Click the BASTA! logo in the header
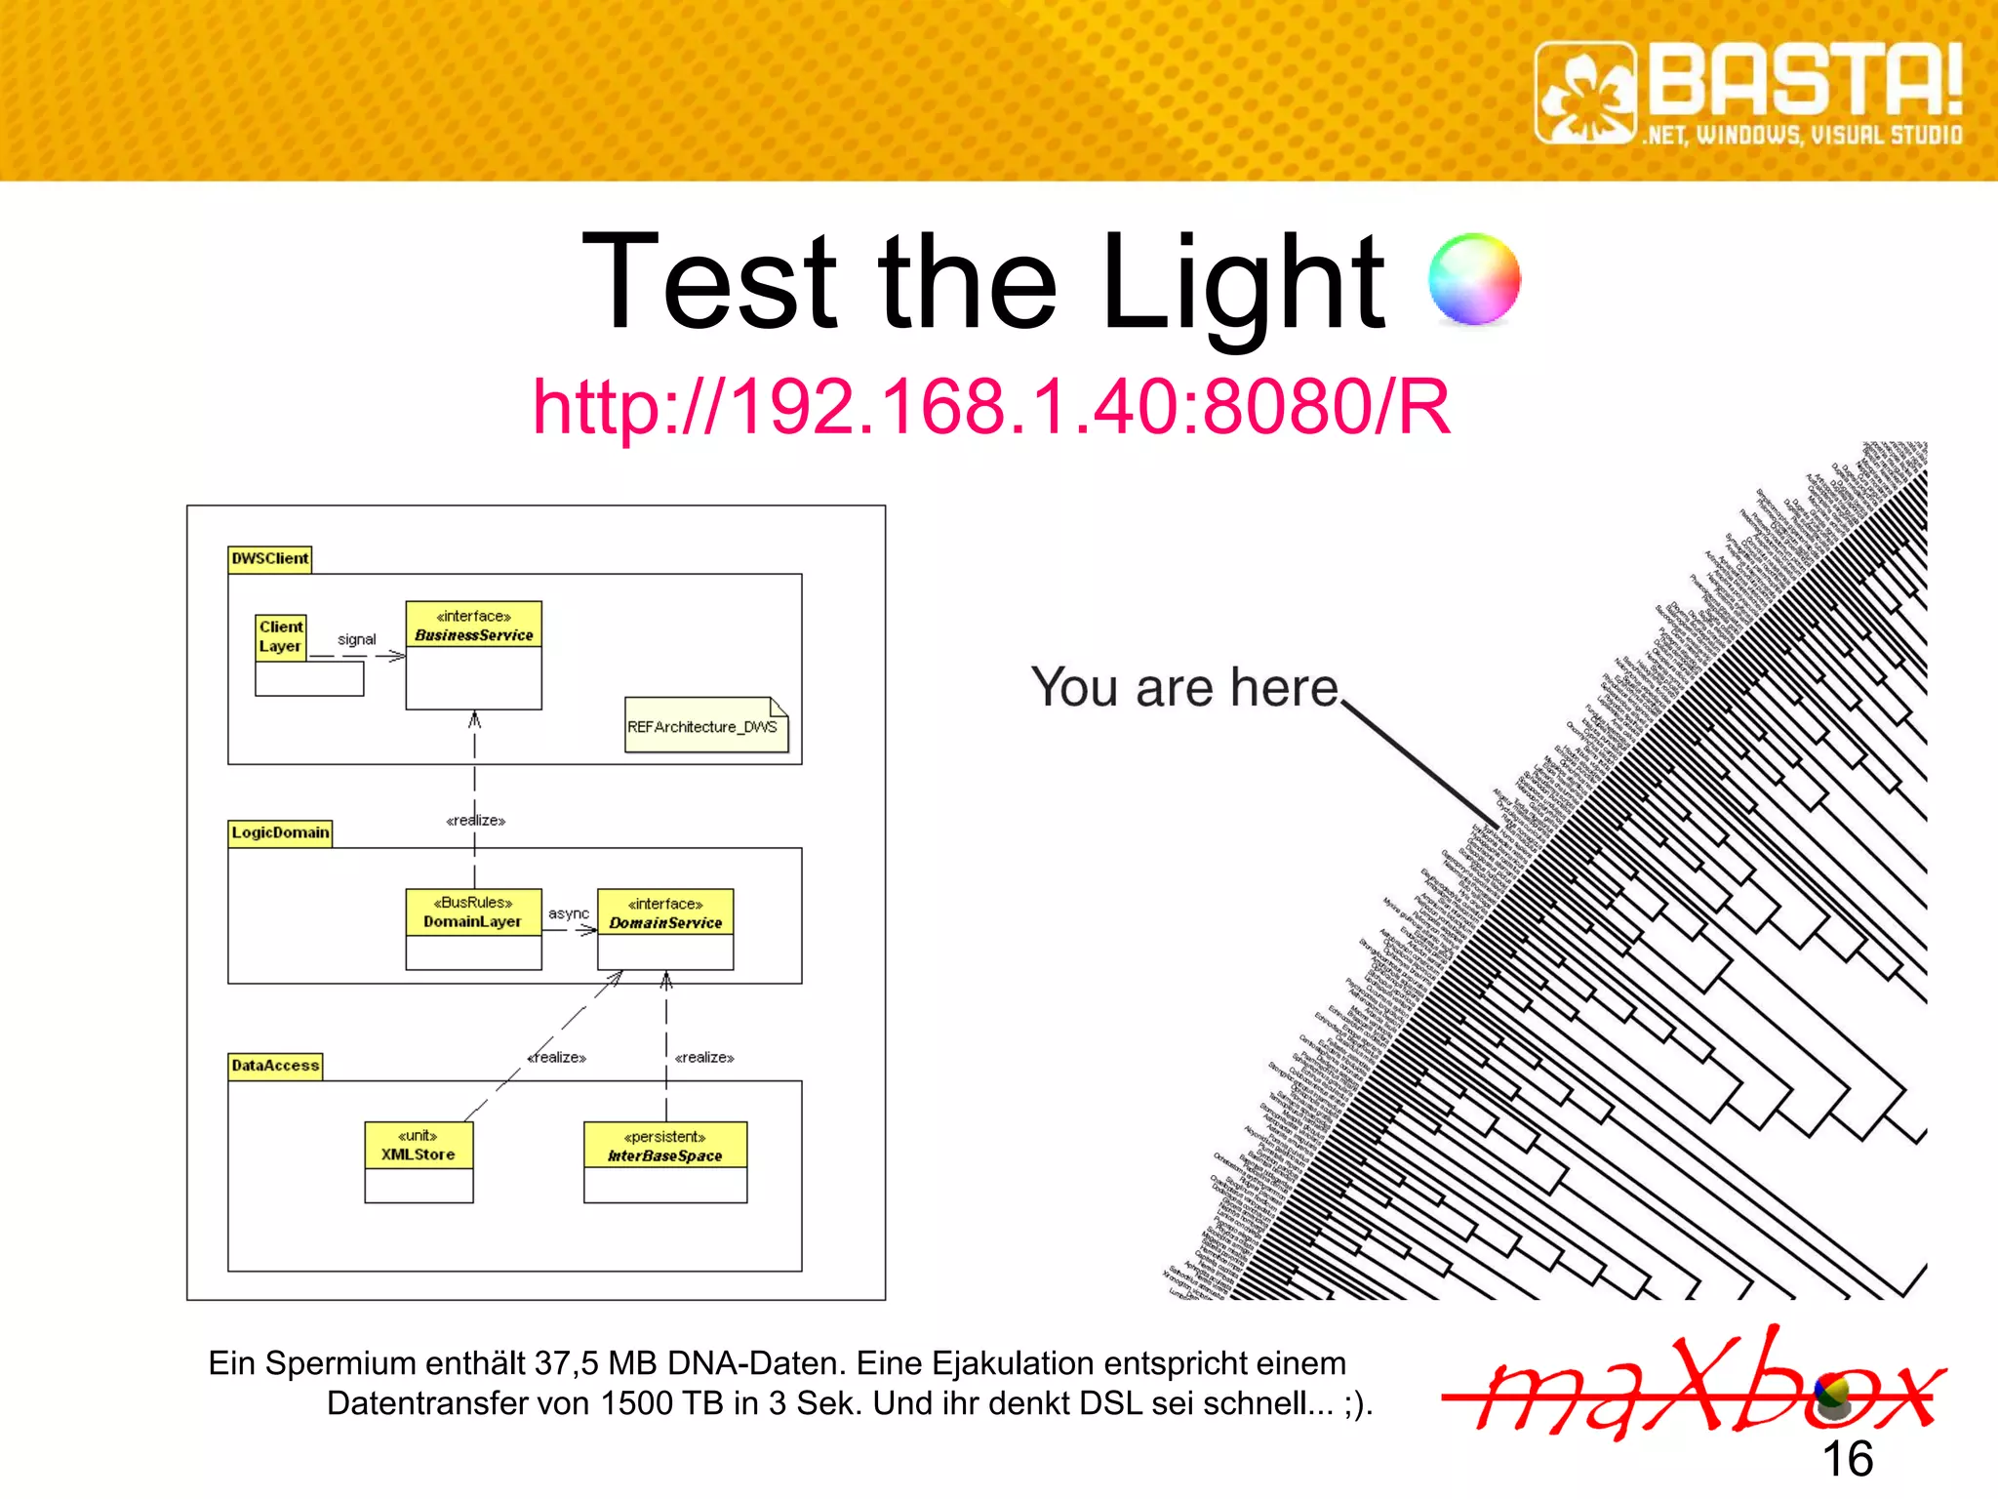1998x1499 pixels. point(1748,94)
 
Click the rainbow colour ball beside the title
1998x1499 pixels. point(1473,279)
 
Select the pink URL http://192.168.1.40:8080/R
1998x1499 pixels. point(991,406)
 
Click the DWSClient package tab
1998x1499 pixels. point(269,559)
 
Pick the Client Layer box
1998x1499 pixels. point(281,637)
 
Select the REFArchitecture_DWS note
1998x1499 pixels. point(704,726)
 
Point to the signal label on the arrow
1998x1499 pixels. point(356,639)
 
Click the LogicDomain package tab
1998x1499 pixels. point(280,832)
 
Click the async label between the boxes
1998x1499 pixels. point(569,913)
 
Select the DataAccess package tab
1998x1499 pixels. point(275,1066)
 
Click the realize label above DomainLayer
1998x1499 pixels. point(476,821)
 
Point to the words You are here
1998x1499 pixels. point(1184,687)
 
